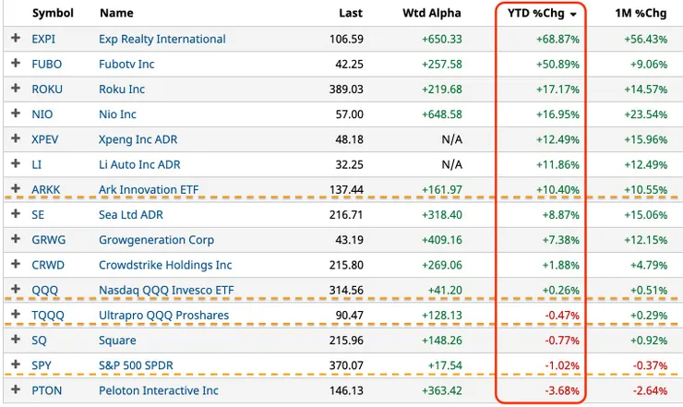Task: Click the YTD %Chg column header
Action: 534,14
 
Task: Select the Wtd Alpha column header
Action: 432,14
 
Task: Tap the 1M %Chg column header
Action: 641,14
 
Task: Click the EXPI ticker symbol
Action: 44,39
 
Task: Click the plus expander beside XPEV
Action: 15,139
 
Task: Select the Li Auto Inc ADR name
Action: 139,164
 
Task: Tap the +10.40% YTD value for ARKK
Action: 556,190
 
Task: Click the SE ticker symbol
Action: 39,215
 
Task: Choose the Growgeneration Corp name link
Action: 156,240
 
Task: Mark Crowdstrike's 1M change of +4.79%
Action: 649,265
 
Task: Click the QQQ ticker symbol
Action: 42,290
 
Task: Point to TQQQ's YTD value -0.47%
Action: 559,315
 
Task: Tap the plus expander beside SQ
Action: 15,341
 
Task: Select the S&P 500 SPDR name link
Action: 136,365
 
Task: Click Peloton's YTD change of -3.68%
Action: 559,390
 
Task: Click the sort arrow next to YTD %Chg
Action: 574,15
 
